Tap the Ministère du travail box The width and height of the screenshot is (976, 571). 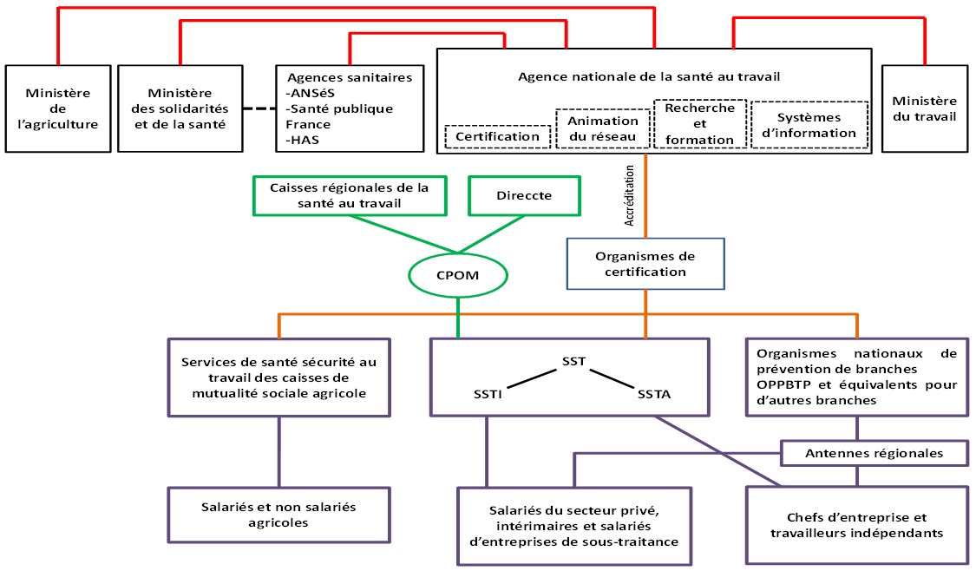pyautogui.click(x=924, y=108)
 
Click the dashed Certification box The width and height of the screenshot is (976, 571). pyautogui.click(x=497, y=136)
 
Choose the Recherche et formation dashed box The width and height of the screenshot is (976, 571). pyautogui.click(x=699, y=123)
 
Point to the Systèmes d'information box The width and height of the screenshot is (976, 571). pyautogui.click(x=809, y=125)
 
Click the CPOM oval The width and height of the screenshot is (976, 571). pyautogui.click(x=457, y=276)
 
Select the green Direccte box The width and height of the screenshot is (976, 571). pyautogui.click(x=524, y=195)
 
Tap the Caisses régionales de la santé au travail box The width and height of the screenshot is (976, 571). pyautogui.click(x=349, y=195)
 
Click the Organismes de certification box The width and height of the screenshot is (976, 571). pyautogui.click(x=645, y=264)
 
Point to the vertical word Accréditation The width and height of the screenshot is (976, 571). pyautogui.click(x=630, y=196)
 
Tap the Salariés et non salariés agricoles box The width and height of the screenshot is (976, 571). pyautogui.click(x=278, y=515)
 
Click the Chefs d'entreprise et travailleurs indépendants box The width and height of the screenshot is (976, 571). pyautogui.click(x=856, y=525)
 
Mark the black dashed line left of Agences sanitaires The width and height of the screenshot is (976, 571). pyautogui.click(x=258, y=108)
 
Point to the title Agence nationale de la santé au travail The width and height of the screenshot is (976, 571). pyautogui.click(x=649, y=76)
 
